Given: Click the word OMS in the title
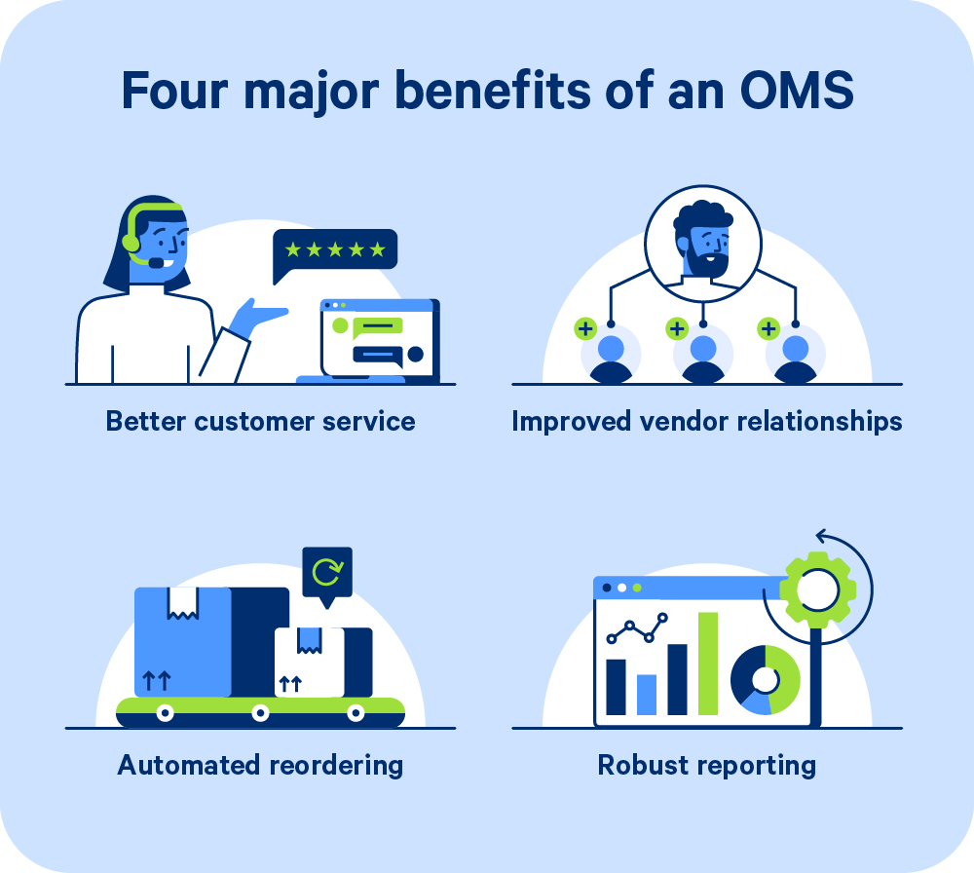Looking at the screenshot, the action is (797, 91).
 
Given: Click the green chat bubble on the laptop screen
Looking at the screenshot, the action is (377, 326).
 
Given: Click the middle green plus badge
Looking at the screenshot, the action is (677, 328).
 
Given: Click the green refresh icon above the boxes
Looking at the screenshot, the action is (327, 572).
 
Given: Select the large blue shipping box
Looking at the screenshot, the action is (183, 642).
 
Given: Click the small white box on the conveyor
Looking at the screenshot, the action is (310, 663).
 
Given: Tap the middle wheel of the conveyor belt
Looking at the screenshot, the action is (260, 712).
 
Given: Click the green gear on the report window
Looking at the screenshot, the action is (817, 589).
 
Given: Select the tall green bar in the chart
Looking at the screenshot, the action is (708, 664).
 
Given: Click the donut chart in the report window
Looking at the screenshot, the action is (766, 680).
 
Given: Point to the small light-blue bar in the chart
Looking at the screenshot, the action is (647, 695).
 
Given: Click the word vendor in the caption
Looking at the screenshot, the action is (684, 421).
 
